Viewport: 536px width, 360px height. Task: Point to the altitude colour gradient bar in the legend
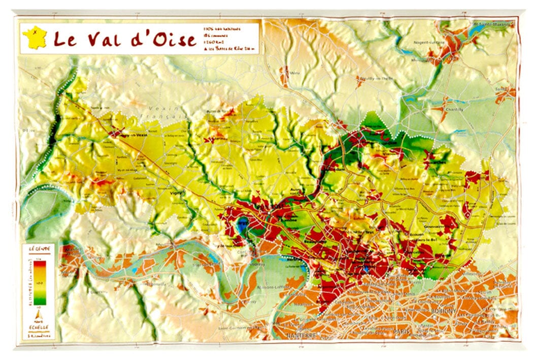point(40,282)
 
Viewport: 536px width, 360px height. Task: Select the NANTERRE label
point(299,336)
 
